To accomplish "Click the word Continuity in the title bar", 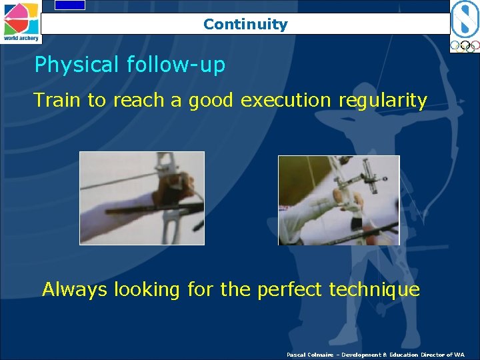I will click(x=245, y=25).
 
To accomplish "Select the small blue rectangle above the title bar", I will click(x=69, y=5).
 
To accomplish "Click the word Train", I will click(x=58, y=100).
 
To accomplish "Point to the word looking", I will click(x=147, y=291).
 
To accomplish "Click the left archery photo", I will click(x=142, y=198).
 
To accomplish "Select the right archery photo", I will click(x=339, y=200).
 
